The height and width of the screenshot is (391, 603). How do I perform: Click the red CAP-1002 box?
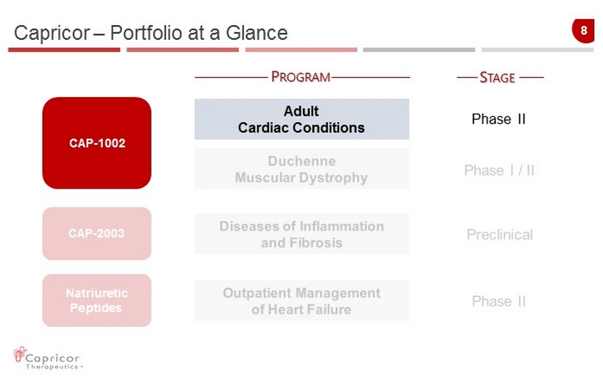(97, 143)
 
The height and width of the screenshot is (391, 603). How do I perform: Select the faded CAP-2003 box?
(97, 233)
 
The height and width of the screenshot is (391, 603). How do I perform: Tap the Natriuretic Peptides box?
(97, 300)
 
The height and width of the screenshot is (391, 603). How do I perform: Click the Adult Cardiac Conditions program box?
(302, 119)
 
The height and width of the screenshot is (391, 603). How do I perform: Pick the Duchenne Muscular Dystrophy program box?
(302, 169)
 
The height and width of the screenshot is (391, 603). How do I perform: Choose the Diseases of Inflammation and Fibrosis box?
(302, 234)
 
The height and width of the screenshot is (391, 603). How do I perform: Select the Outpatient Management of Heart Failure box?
(302, 300)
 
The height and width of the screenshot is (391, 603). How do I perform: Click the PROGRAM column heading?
(301, 77)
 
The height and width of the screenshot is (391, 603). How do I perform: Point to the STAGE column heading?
(497, 77)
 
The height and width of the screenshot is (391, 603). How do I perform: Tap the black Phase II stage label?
(499, 119)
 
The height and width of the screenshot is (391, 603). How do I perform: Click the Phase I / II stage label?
(499, 170)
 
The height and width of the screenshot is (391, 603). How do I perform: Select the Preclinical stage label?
(499, 234)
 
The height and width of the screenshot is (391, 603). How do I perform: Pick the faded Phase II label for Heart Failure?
(499, 301)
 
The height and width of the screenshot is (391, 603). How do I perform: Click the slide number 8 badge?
(583, 30)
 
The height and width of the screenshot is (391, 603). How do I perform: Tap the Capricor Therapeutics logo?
(48, 359)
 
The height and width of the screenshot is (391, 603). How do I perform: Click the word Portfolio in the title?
(146, 32)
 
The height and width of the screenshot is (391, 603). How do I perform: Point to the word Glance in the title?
(257, 32)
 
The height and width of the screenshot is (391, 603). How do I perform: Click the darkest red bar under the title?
(64, 49)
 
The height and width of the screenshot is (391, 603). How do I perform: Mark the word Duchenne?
(302, 161)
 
